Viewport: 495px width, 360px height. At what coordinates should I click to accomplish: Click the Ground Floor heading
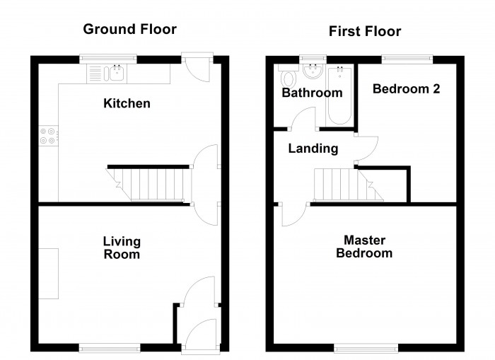129,29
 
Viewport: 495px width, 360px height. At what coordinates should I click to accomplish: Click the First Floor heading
364,31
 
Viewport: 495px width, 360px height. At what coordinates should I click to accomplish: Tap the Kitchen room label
127,104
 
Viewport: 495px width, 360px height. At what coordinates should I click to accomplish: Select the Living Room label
122,248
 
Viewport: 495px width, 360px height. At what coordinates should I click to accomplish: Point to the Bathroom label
312,93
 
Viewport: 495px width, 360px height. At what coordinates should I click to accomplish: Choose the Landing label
313,149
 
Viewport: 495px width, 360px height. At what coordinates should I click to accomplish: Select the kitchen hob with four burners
49,135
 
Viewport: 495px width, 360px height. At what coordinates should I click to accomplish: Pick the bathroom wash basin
312,73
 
